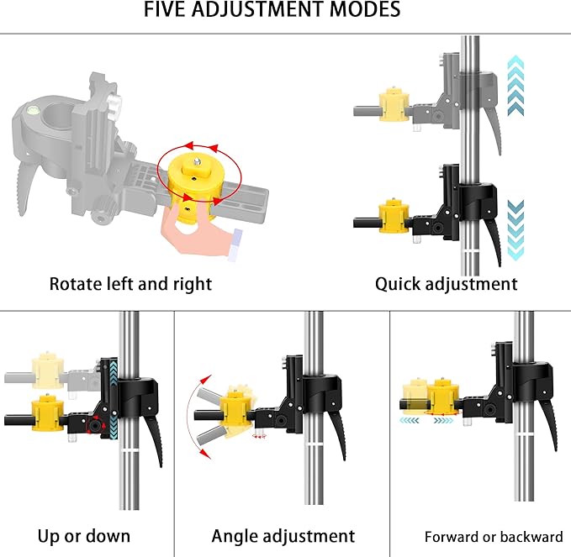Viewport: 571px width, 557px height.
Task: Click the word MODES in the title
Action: [x=367, y=11]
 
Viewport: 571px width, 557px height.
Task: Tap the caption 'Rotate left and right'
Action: [x=130, y=283]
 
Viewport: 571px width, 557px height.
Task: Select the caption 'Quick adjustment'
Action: [x=446, y=283]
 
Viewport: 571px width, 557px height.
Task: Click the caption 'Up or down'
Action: [x=84, y=535]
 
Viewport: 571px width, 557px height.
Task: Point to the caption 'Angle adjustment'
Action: [x=283, y=535]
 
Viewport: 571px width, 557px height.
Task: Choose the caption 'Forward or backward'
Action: [x=494, y=537]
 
